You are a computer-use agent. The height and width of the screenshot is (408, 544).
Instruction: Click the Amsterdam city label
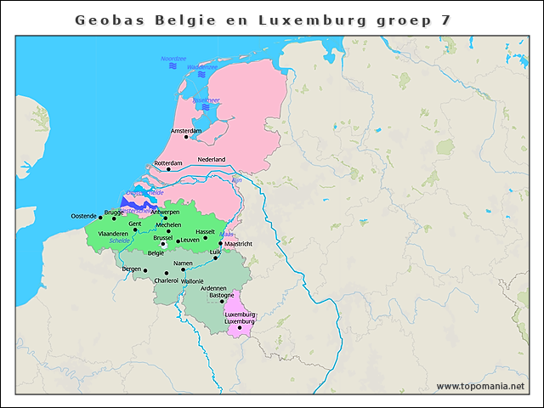[x=186, y=131]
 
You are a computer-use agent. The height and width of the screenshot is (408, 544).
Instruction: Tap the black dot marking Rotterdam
[x=168, y=169]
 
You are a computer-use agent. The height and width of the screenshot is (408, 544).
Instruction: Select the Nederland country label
[x=212, y=159]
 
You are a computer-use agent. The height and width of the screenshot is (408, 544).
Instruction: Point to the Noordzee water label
[x=173, y=59]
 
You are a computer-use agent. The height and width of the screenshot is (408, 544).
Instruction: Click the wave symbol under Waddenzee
[x=201, y=75]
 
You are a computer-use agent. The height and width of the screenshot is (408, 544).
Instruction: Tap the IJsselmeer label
[x=207, y=99]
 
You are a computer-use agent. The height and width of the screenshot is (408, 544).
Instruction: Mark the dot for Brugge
[x=114, y=218]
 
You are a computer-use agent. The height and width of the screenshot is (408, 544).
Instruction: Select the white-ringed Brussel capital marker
[x=164, y=244]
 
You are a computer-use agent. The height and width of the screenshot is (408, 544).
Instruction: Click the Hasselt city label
[x=206, y=231]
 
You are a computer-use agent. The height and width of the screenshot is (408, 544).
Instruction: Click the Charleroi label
[x=166, y=280]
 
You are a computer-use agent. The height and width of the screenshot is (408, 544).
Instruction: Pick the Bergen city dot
[x=145, y=270]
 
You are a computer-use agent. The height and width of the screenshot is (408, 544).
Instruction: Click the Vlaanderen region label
[x=113, y=232]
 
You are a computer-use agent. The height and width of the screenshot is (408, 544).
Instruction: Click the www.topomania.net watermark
[x=480, y=386]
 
